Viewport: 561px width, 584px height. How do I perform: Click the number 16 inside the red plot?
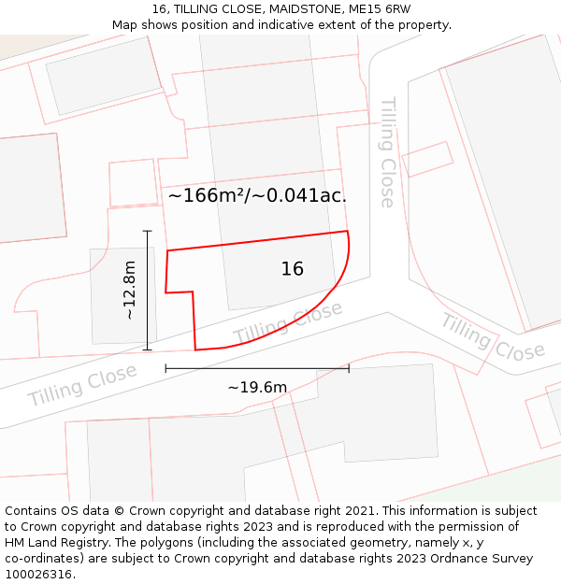[292, 269]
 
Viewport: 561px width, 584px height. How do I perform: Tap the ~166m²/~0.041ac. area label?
[257, 195]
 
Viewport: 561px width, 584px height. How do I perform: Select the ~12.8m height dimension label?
[130, 291]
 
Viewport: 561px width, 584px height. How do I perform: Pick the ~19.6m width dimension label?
[257, 387]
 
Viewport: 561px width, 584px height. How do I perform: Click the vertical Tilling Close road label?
[387, 151]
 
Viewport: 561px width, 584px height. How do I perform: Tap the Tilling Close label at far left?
[82, 384]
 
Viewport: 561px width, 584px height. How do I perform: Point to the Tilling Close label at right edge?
[492, 338]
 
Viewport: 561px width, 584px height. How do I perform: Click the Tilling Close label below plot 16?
[288, 322]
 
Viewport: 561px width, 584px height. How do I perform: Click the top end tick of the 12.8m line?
[147, 230]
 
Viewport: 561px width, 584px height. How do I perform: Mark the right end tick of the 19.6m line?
[349, 368]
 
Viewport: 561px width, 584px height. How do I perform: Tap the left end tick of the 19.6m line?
[165, 368]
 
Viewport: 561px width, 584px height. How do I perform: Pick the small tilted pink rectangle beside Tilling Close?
[427, 159]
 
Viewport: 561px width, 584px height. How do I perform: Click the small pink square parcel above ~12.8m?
[132, 182]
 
